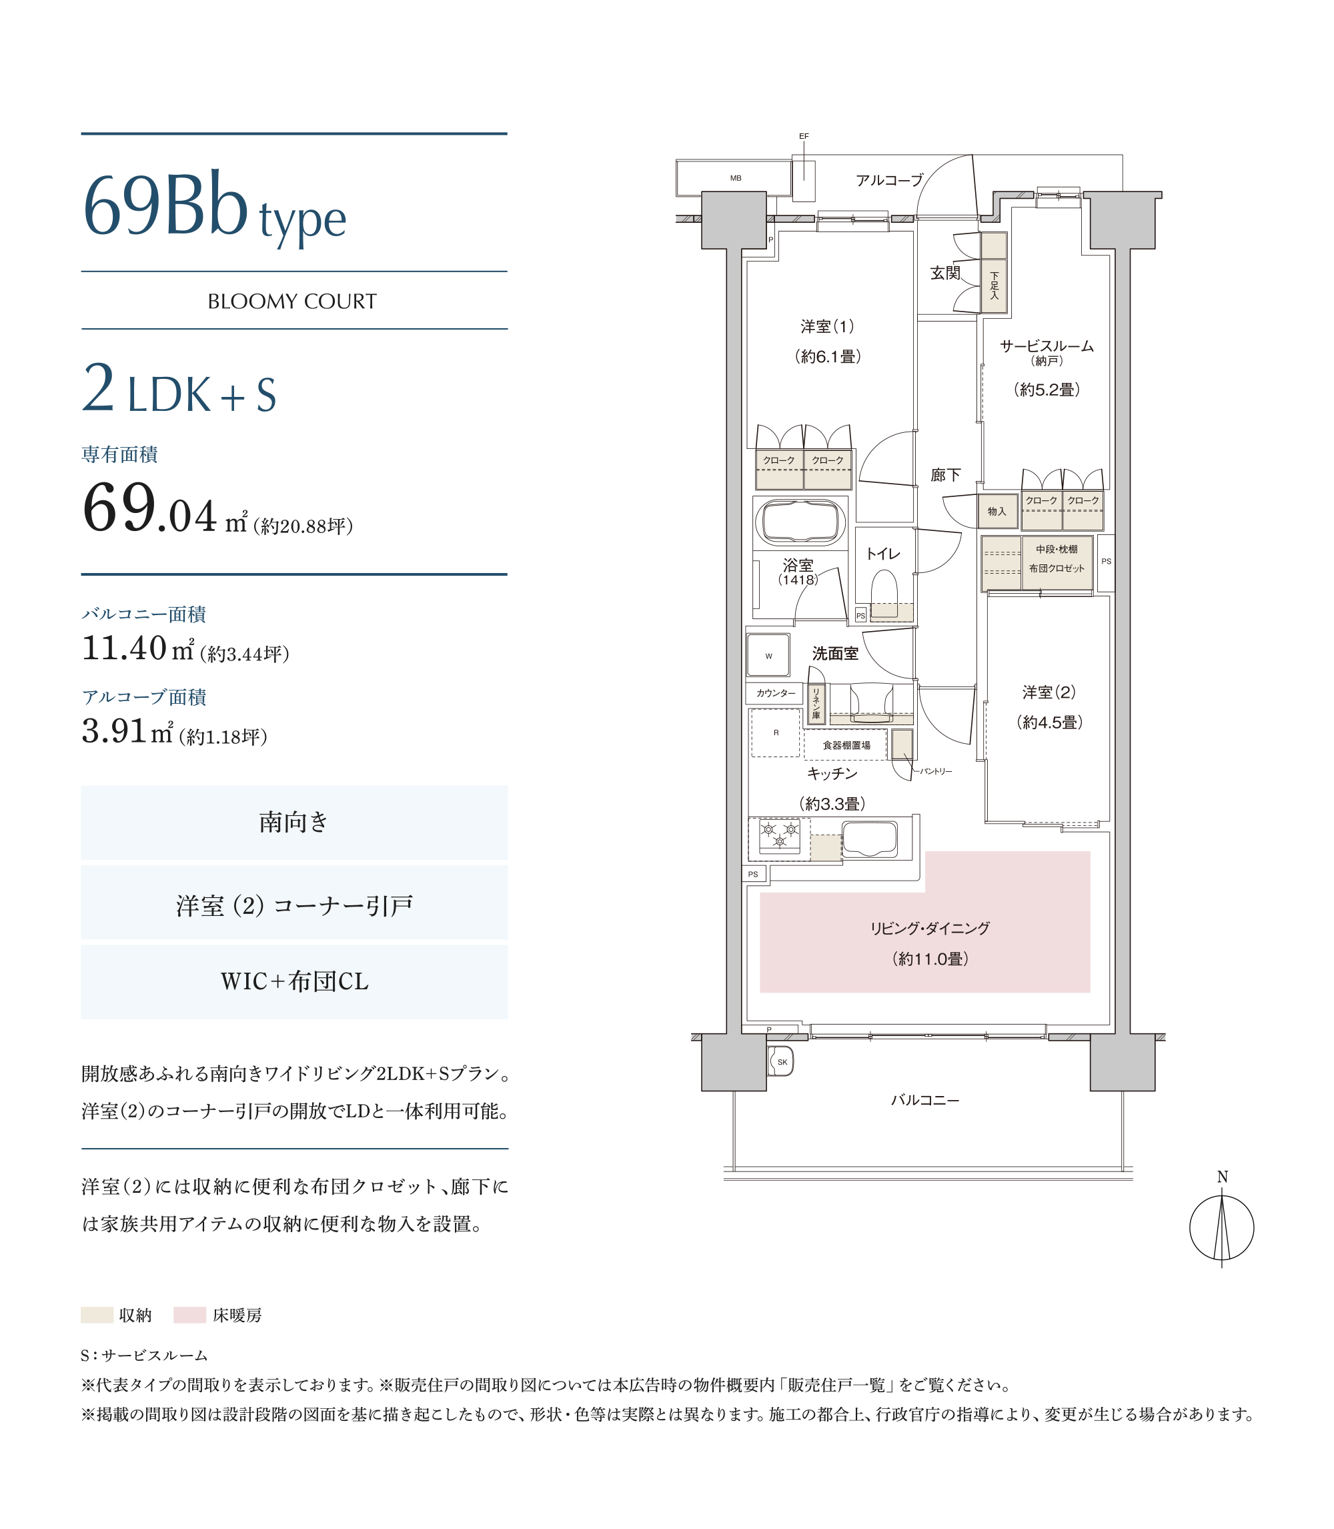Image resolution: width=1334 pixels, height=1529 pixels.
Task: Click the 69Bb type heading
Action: click(x=214, y=207)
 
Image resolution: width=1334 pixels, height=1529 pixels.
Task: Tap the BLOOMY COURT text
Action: click(x=293, y=302)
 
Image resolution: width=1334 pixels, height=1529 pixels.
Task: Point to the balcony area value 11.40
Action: click(x=124, y=648)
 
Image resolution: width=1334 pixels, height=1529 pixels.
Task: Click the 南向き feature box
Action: click(x=294, y=823)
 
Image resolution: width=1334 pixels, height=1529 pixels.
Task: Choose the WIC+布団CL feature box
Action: click(x=294, y=982)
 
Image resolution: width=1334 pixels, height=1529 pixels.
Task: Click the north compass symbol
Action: click(x=1221, y=1227)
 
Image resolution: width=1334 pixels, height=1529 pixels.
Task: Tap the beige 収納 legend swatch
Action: click(x=97, y=1316)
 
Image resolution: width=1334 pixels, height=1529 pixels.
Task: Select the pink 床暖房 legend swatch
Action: click(x=190, y=1316)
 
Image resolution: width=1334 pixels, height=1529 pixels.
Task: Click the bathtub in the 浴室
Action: click(x=800, y=522)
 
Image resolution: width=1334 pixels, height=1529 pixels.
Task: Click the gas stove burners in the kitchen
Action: click(x=780, y=835)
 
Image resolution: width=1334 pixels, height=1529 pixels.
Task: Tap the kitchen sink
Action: click(x=870, y=839)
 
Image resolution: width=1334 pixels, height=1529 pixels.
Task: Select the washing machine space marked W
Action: click(x=768, y=655)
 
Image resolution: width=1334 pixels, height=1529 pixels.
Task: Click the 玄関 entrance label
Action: click(x=945, y=274)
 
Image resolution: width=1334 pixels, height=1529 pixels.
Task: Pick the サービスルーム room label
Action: click(x=1047, y=346)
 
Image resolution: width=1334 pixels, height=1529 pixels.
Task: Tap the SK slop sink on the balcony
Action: click(x=782, y=1062)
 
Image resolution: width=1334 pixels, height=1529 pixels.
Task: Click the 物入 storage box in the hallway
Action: click(x=998, y=512)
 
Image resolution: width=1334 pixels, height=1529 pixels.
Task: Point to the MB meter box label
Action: click(x=736, y=178)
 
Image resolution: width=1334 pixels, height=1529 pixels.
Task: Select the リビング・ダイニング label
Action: click(x=930, y=928)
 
